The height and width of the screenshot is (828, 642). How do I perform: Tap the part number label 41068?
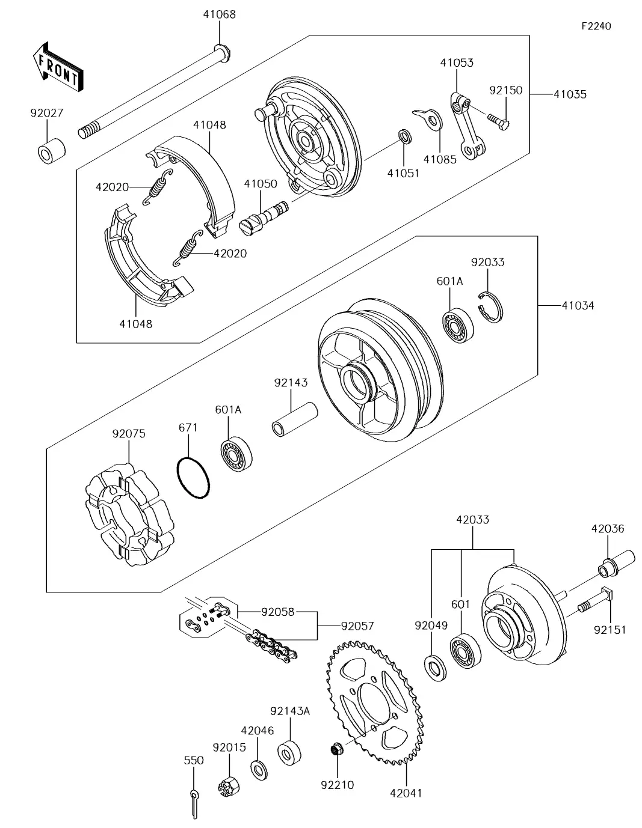tap(219, 14)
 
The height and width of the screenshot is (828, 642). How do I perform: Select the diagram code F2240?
tap(596, 26)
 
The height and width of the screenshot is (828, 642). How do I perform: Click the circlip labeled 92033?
tap(493, 306)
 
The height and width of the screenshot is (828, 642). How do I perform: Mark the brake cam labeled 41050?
tap(265, 216)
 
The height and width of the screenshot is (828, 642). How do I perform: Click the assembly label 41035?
tap(570, 94)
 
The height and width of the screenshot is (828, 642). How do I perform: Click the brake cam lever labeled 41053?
tap(468, 127)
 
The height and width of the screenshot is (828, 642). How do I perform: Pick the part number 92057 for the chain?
tap(358, 626)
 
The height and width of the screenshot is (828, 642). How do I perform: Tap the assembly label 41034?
tap(577, 306)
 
